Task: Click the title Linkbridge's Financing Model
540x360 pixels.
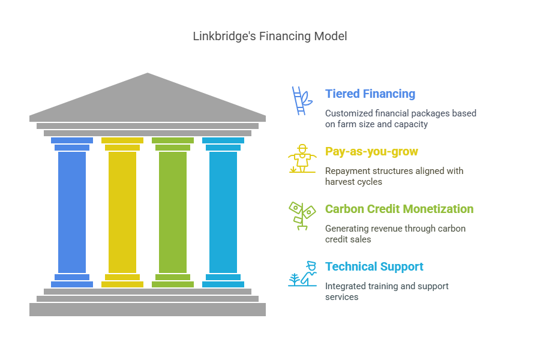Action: click(x=269, y=36)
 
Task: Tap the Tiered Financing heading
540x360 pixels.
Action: click(x=370, y=94)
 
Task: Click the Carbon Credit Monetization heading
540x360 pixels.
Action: click(x=399, y=209)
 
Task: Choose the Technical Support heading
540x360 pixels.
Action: click(x=374, y=266)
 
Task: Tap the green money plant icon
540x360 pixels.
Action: click(x=302, y=215)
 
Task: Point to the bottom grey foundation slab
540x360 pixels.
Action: click(x=148, y=309)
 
